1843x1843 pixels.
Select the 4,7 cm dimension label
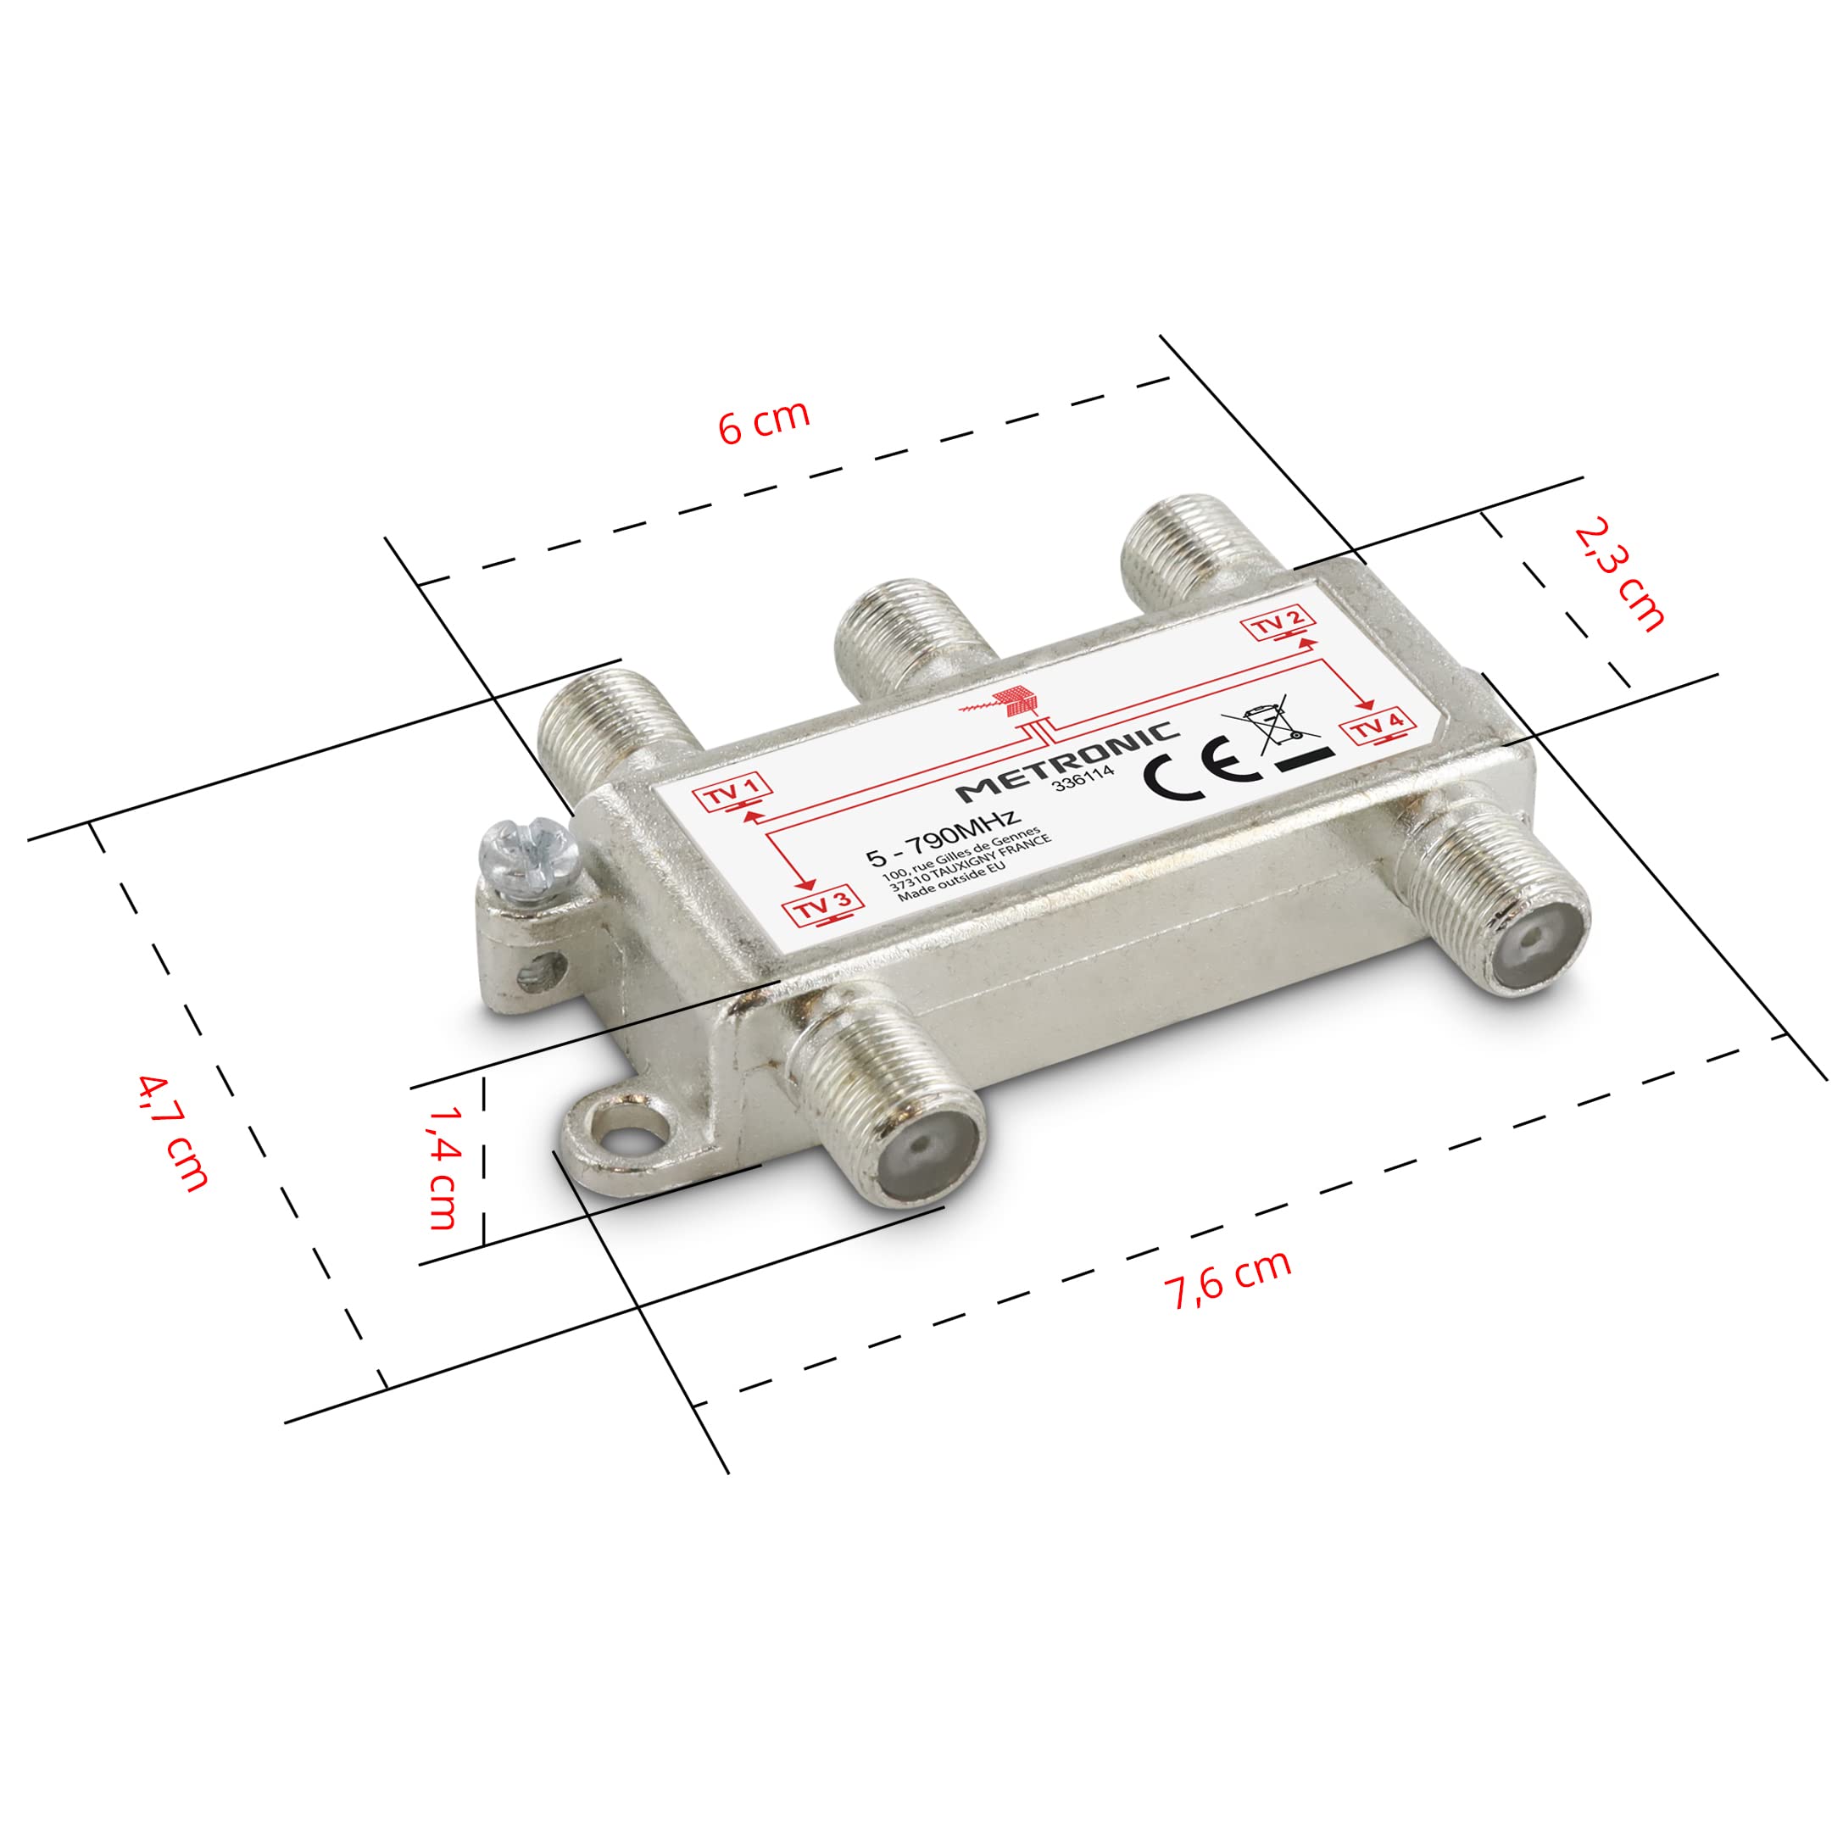pos(173,1133)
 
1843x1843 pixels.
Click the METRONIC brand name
pos(1067,762)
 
